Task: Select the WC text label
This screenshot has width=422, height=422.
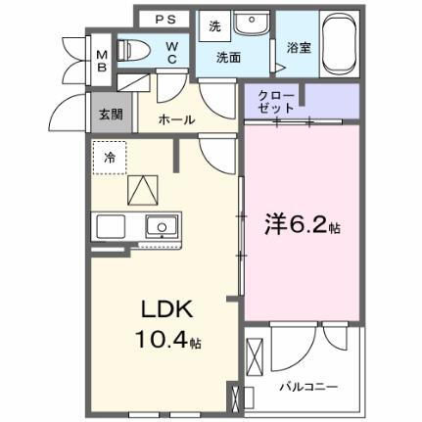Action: coord(169,49)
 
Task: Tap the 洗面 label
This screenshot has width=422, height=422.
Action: coord(229,57)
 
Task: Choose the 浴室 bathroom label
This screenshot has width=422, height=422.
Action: coord(298,46)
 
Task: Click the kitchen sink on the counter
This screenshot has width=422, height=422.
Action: coord(160,226)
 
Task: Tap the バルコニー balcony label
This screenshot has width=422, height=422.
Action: coord(311,386)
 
